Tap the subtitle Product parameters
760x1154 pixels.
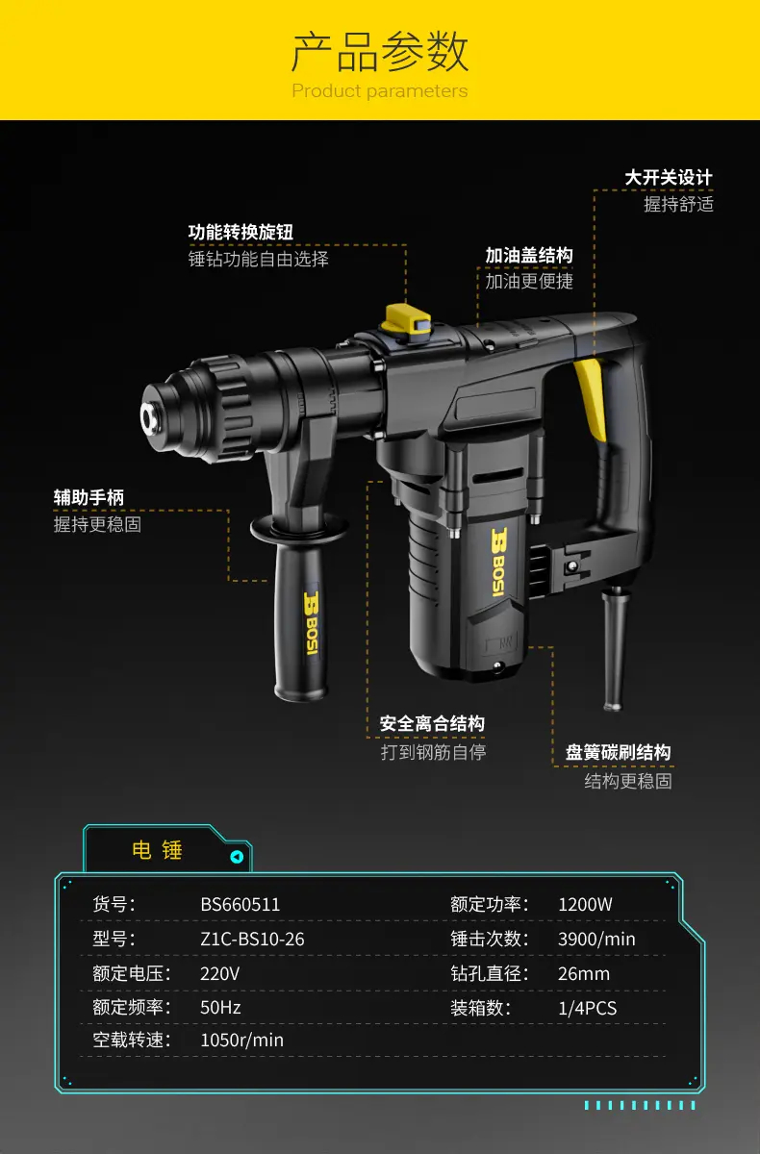click(x=380, y=91)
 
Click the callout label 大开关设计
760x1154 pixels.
click(x=669, y=178)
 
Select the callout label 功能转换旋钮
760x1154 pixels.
click(x=241, y=232)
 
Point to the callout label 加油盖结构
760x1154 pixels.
click(x=529, y=255)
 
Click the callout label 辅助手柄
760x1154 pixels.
click(x=89, y=497)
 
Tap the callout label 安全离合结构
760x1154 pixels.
click(x=432, y=723)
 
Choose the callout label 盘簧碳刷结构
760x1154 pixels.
click(x=619, y=752)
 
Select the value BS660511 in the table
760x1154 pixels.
click(x=241, y=904)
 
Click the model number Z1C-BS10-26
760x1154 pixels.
click(x=252, y=939)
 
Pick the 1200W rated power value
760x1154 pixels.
click(x=585, y=904)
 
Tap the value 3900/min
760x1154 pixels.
click(x=596, y=939)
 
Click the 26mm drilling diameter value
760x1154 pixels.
click(x=584, y=973)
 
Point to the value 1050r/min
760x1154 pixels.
click(x=241, y=1040)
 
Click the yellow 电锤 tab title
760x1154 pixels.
click(x=157, y=850)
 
